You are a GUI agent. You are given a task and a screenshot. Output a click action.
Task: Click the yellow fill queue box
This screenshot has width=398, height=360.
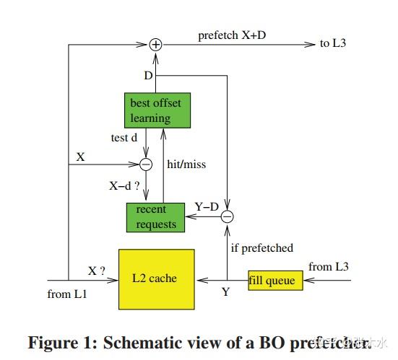pyautogui.click(x=272, y=279)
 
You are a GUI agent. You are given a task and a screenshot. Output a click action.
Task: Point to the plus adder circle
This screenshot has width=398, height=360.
pyautogui.click(x=155, y=45)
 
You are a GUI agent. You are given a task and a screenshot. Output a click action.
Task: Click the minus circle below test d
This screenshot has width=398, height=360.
pyautogui.click(x=146, y=164)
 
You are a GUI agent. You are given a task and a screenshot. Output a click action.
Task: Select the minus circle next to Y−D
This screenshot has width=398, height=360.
pyautogui.click(x=228, y=215)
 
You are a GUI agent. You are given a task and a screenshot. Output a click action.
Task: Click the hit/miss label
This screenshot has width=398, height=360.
pyautogui.click(x=186, y=164)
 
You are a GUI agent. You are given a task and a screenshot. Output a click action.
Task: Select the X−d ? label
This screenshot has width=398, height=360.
pyautogui.click(x=124, y=185)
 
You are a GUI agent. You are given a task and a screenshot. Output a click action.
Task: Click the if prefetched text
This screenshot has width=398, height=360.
pyautogui.click(x=261, y=248)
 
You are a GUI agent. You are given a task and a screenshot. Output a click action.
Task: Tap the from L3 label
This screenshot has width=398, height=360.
pyautogui.click(x=329, y=267)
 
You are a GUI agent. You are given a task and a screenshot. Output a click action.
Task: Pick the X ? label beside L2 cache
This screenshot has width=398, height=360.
pyautogui.click(x=97, y=271)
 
